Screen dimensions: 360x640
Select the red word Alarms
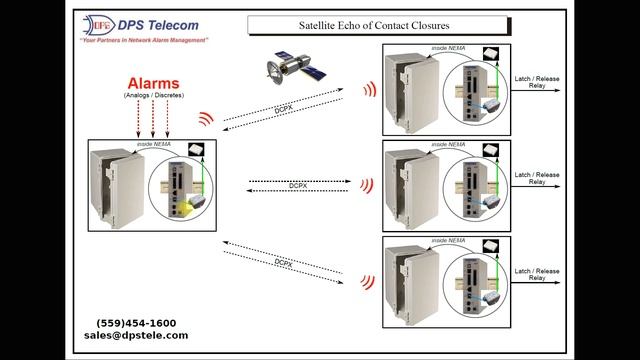point(153,83)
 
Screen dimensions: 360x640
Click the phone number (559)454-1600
point(136,323)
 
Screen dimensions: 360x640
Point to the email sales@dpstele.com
point(136,336)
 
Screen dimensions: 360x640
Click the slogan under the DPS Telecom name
point(145,41)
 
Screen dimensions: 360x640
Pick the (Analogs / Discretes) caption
point(153,97)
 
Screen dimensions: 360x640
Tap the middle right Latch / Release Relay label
point(537,178)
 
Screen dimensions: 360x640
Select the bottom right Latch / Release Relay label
point(537,275)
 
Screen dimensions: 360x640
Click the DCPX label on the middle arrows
point(299,185)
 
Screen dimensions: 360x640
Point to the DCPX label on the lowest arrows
point(284,261)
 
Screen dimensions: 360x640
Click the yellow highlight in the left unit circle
point(185,208)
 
